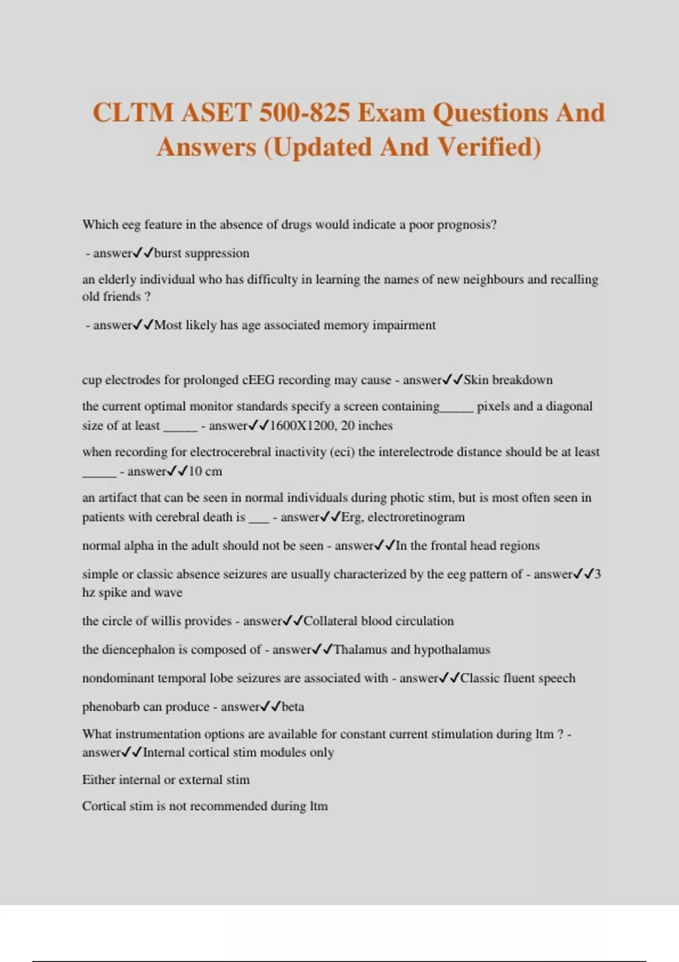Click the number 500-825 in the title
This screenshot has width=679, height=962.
(304, 112)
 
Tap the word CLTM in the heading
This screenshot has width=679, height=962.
(133, 112)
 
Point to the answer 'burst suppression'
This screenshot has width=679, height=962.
(201, 253)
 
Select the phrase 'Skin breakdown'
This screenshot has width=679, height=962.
(508, 380)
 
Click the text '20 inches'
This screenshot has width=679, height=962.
(367, 426)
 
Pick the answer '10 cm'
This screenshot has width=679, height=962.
(205, 471)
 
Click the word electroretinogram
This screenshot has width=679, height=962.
(416, 517)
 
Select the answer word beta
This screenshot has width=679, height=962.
(293, 707)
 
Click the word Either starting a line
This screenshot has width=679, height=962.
(98, 780)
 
